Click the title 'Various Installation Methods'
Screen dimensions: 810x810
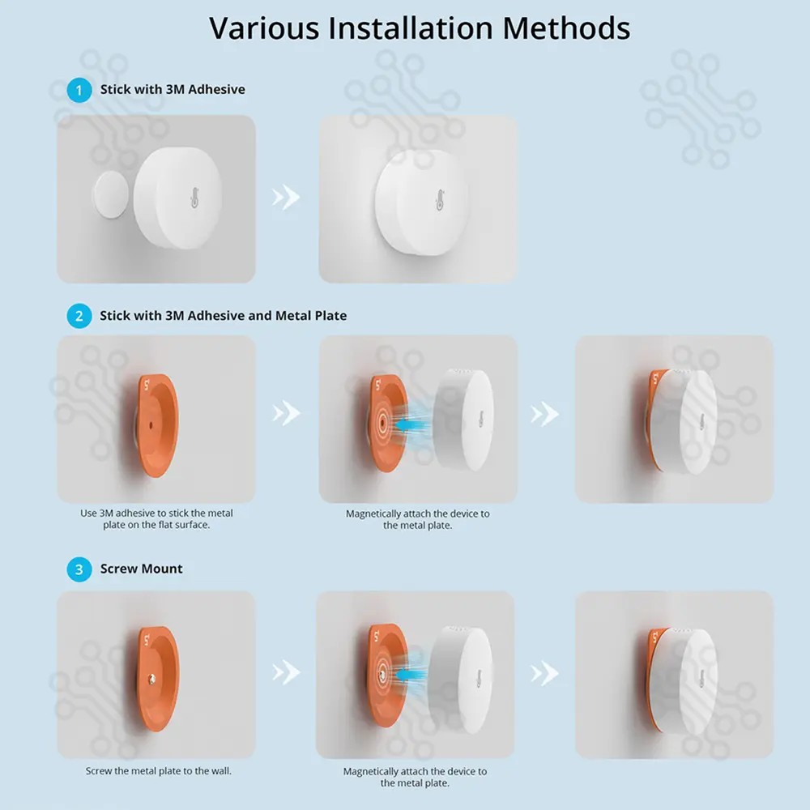[x=420, y=28]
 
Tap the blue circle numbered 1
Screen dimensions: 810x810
[x=79, y=90]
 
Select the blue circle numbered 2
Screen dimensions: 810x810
[x=79, y=316]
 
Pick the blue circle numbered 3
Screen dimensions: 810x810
[x=79, y=569]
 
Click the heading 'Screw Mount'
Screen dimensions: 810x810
[x=141, y=569]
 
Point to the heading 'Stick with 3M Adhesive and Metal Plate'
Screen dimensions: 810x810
[x=224, y=316]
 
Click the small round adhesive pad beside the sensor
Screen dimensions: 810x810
[x=110, y=194]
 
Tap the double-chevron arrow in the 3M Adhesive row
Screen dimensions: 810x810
[x=286, y=197]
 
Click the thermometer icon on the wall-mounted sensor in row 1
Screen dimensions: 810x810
[x=440, y=199]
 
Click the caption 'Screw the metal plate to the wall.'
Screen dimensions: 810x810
[x=159, y=771]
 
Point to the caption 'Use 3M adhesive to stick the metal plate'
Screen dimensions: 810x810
[x=156, y=518]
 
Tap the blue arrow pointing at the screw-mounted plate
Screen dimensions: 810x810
[x=411, y=674]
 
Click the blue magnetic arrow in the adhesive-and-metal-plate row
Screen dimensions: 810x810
[x=411, y=425]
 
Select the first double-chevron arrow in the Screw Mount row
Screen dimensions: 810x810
[x=286, y=672]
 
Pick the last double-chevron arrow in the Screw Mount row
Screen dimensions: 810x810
[x=544, y=673]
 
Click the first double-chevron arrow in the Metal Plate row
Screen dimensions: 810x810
[x=286, y=413]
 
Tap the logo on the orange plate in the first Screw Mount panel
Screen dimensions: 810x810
[x=147, y=640]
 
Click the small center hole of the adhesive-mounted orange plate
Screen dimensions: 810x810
[x=151, y=425]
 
